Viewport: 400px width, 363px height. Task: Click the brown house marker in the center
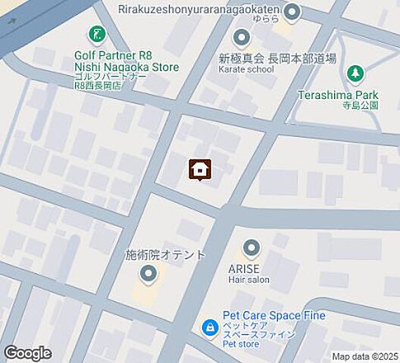click(x=199, y=169)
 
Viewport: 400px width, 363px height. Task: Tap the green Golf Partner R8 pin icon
click(x=97, y=34)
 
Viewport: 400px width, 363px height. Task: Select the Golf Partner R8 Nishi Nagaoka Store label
click(x=127, y=61)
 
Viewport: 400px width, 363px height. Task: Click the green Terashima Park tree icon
click(x=355, y=73)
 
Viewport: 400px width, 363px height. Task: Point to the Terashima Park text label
click(x=349, y=95)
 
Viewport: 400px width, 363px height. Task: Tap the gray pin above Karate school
click(x=242, y=36)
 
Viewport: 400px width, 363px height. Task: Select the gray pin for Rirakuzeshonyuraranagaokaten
click(x=292, y=12)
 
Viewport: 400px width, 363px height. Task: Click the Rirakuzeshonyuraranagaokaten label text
click(x=198, y=8)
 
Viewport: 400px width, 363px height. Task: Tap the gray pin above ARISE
click(x=252, y=248)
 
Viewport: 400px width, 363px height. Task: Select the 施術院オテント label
click(x=164, y=255)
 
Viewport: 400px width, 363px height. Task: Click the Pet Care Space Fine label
click(x=273, y=316)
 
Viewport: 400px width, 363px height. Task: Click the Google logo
click(x=28, y=353)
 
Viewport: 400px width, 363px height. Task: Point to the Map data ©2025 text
click(x=364, y=356)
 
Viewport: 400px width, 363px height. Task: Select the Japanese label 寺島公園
click(x=358, y=106)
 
